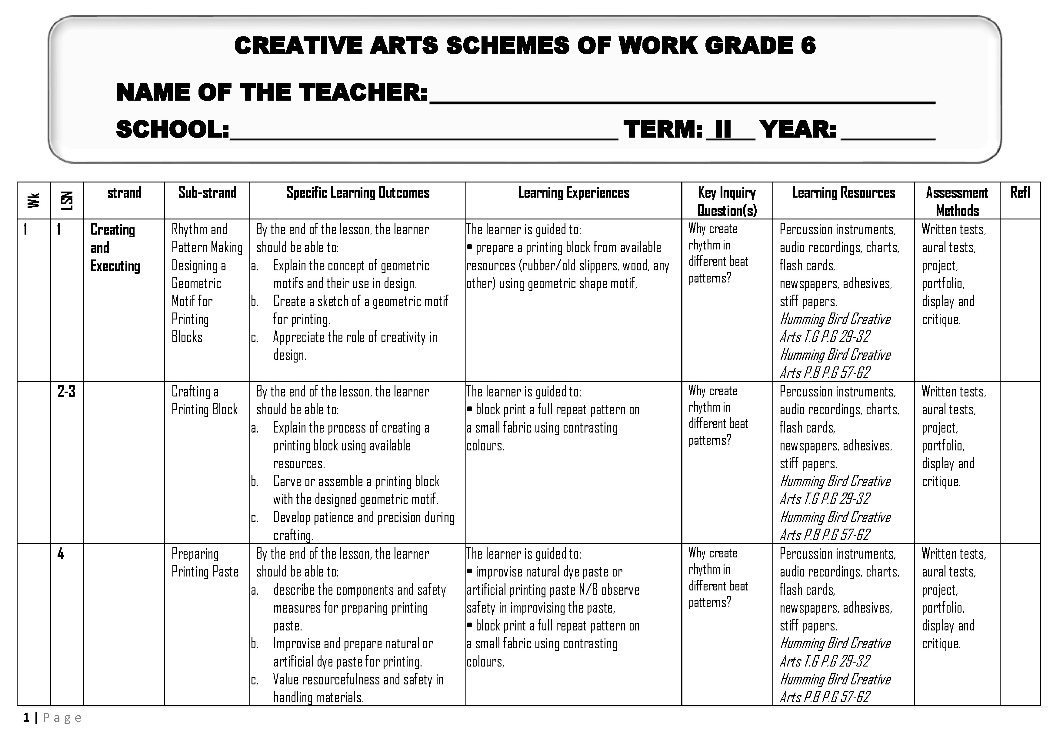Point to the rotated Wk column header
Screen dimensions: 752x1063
[33, 200]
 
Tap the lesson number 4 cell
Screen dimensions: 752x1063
[61, 554]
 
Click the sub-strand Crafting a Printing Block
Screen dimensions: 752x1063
[204, 400]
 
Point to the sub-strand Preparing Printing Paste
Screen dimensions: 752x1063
[205, 563]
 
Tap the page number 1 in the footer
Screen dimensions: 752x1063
[26, 718]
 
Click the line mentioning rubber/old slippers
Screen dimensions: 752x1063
[568, 266]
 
